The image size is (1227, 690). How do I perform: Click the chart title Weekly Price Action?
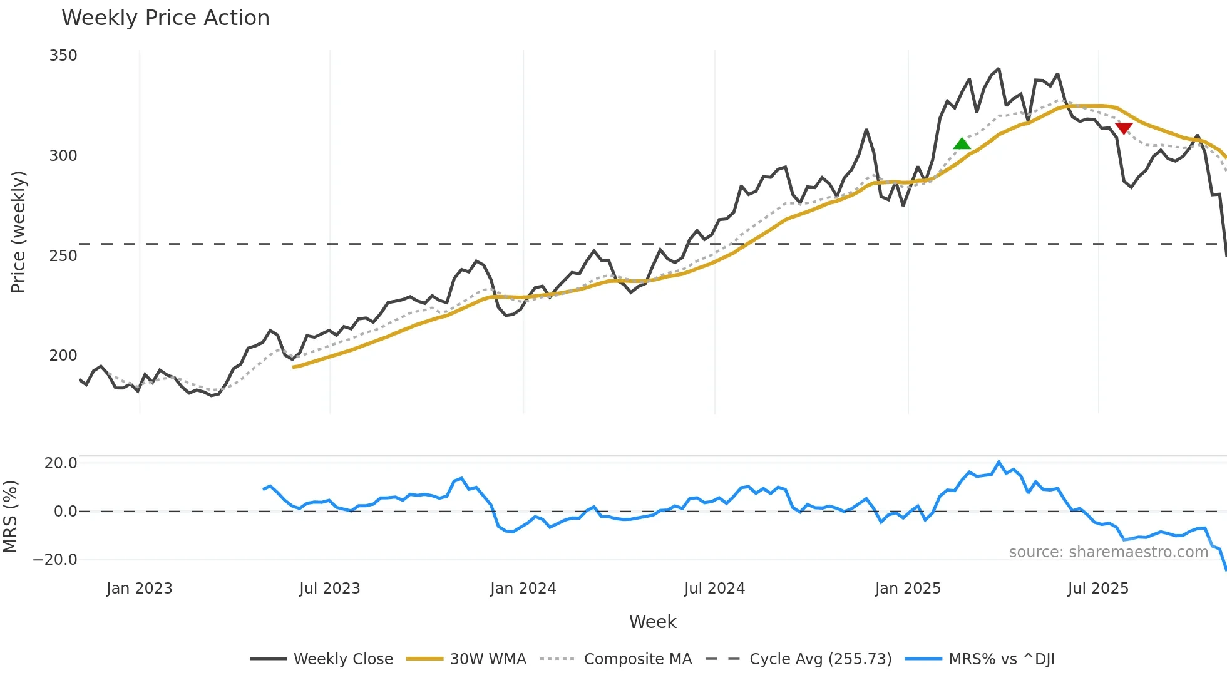(165, 18)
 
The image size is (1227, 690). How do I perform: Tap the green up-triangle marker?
(962, 144)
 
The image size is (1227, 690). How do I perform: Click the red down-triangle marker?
(1124, 128)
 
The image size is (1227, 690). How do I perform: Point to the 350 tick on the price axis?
(63, 56)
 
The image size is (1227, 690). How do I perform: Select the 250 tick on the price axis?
(63, 255)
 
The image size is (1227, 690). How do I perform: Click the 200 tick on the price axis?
(63, 355)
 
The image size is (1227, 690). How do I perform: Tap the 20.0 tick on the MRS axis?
(61, 463)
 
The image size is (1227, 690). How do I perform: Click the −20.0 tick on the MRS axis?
(55, 560)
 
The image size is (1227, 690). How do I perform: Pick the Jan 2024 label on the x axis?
(523, 589)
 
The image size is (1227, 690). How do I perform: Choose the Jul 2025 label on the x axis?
(1098, 589)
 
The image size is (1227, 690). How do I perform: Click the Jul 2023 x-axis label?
(329, 589)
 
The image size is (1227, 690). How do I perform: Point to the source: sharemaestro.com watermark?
(1108, 552)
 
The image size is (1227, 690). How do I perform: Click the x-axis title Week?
(652, 622)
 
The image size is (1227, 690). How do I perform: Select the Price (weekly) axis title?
(18, 232)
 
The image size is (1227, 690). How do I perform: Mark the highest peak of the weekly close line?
(999, 69)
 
